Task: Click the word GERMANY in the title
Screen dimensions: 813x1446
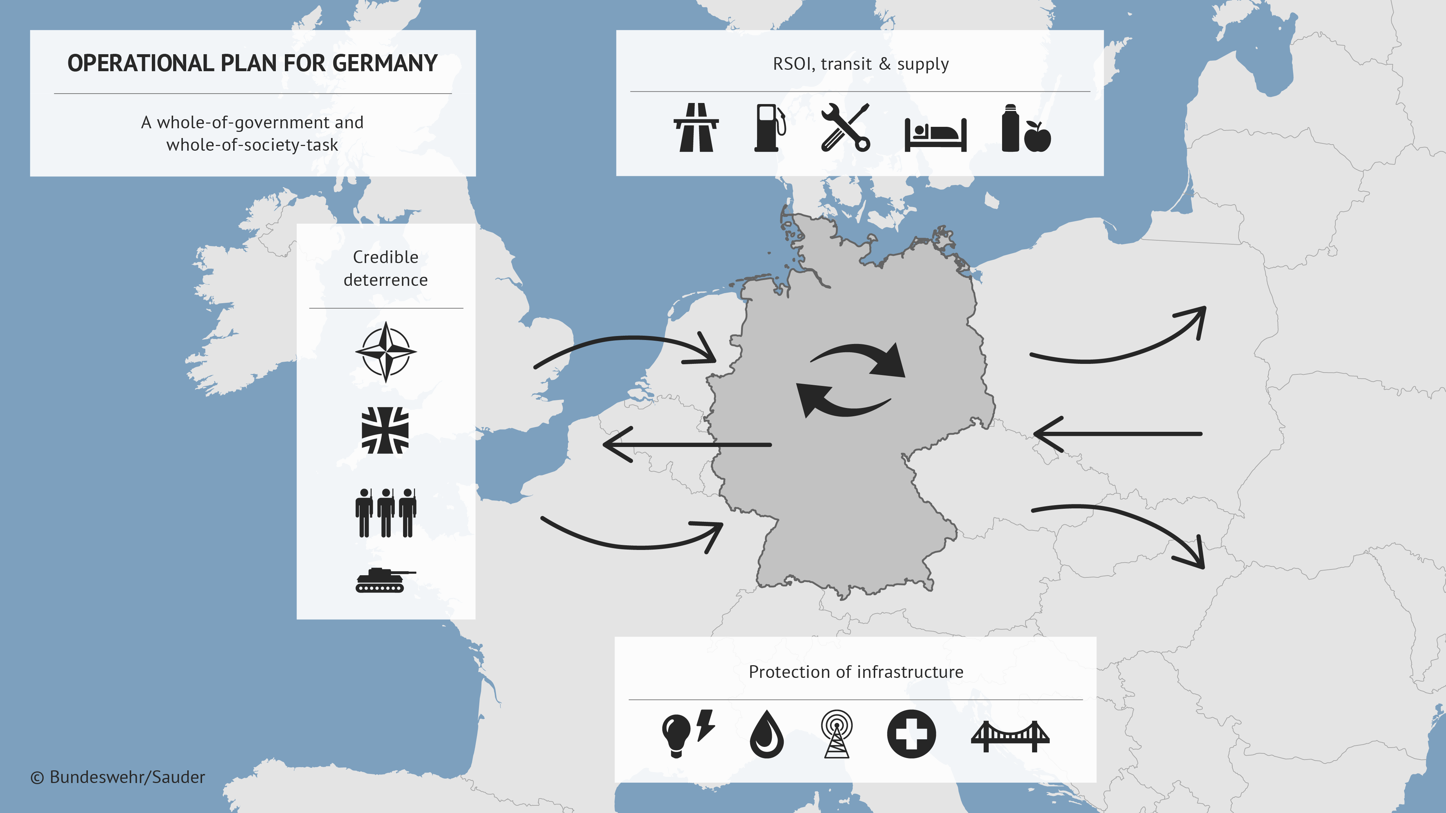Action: (385, 63)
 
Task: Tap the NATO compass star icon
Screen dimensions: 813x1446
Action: (386, 352)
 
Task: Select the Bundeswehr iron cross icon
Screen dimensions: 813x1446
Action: (385, 430)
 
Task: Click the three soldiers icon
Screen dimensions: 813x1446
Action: (386, 512)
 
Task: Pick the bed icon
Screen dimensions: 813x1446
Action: (935, 135)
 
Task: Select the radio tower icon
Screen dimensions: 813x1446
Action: (837, 734)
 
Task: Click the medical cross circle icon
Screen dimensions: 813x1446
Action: (911, 734)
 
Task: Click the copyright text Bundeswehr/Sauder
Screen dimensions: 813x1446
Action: (118, 777)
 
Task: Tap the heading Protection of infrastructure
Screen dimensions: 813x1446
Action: (855, 672)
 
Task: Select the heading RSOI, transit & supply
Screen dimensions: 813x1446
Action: (860, 64)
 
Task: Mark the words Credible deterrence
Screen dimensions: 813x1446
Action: (386, 268)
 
